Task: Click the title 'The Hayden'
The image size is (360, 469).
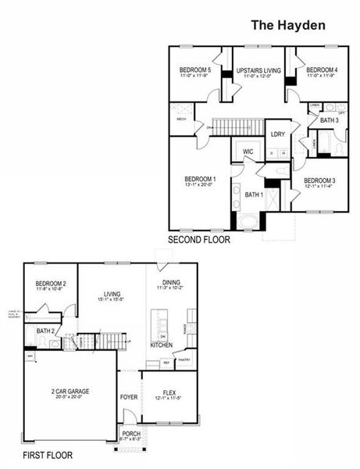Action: coord(287,25)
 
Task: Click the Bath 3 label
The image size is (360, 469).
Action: coord(329,120)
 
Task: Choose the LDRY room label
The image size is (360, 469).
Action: coord(277,134)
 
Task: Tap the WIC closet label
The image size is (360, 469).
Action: coord(248,152)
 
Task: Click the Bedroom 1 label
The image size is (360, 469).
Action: coord(200,179)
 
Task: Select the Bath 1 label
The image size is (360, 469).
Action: coord(254,194)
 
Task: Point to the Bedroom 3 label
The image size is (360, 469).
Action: coord(319,181)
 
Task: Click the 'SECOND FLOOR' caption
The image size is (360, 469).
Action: coord(199,240)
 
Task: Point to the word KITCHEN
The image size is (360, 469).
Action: coord(162,345)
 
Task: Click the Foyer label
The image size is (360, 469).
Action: coord(129,397)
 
